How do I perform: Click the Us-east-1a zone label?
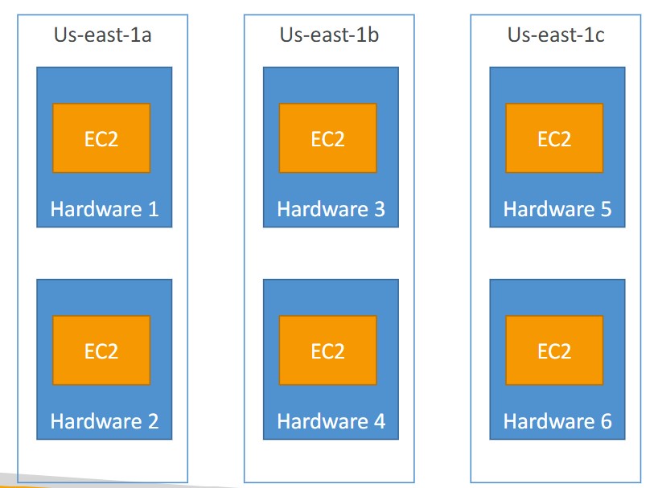coord(103,35)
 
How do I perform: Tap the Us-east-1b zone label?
coord(330,35)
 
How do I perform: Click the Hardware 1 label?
coord(105,210)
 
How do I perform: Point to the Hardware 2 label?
coord(105,421)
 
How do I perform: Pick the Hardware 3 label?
coord(331,210)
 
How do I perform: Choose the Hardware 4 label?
coord(331,421)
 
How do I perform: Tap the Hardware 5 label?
coord(557,210)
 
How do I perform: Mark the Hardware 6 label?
coord(557,421)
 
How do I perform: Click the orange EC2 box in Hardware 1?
coord(101,138)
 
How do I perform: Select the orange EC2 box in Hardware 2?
coord(101,351)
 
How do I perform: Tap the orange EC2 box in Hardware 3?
coord(327,138)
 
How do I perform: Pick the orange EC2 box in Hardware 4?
coord(327,351)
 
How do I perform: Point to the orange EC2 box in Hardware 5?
coord(554,138)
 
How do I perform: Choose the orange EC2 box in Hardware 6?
coord(554,351)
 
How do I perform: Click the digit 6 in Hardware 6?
coord(605,421)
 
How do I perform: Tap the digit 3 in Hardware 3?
coord(378,210)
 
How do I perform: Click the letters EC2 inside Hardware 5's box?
coord(554,138)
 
